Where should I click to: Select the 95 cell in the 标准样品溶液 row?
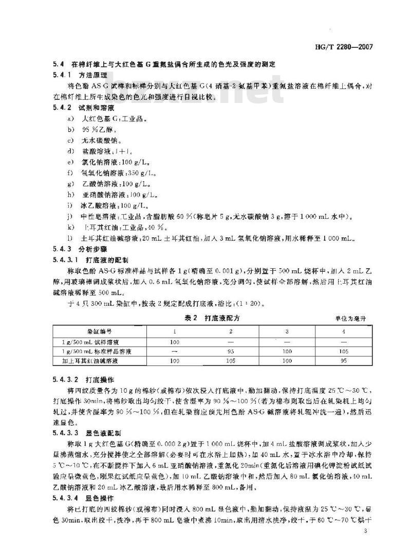pyautogui.click(x=231, y=351)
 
